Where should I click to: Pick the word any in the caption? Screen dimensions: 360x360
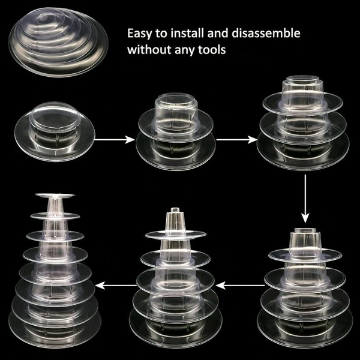[184, 50]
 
